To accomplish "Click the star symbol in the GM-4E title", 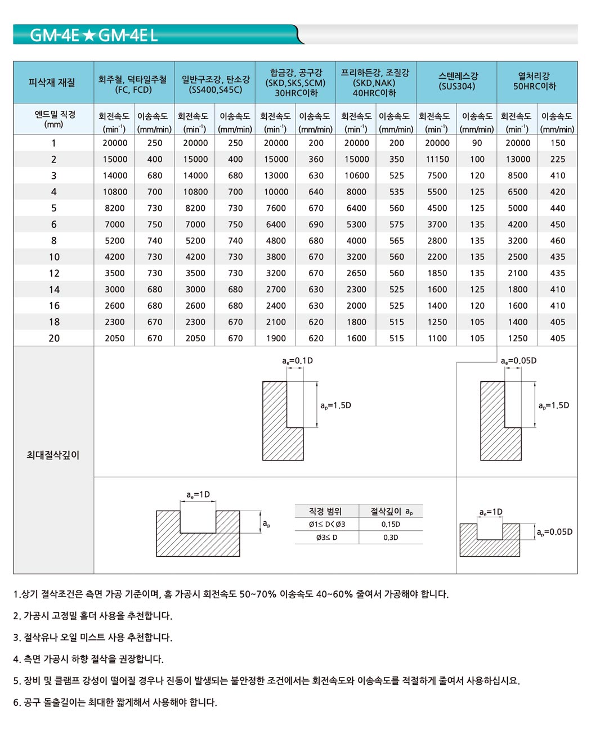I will pos(89,36).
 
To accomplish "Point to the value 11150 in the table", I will pos(437,160).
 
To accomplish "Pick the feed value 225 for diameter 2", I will pos(557,160).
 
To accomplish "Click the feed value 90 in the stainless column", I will pos(477,143).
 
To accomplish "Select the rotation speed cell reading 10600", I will pos(356,176).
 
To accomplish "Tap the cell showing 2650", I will pos(356,273).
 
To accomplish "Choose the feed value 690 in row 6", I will pos(316,224).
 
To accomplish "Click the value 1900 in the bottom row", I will pos(276,339).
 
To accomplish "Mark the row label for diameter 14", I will pos(54,290).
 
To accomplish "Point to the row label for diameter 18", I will pos(54,322).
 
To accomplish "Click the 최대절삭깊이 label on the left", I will pos(53,455).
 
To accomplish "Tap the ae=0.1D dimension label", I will pos(297,360).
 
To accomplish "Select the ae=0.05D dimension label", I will pos(518,360).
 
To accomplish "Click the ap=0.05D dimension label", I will pos(554,532).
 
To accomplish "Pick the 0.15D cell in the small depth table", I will pos(391,525).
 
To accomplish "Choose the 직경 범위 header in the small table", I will pos(325,511).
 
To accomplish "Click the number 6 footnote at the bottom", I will pos(115,702).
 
